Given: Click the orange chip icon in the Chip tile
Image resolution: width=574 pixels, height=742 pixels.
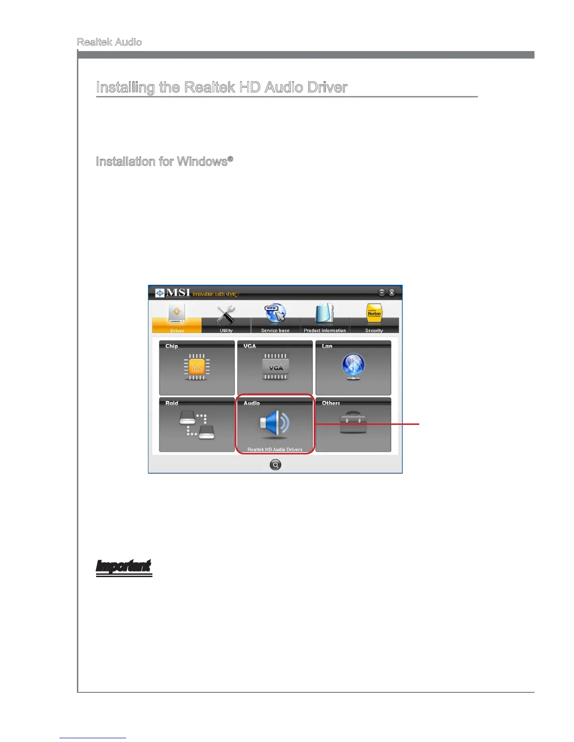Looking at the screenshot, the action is coord(196,367).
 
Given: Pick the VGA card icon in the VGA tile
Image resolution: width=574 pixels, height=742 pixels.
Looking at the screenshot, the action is coord(275,367).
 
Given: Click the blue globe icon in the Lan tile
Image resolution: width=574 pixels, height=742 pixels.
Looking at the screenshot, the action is coord(353,366).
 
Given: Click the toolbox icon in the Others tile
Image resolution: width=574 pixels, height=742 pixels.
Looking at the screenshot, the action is coord(353,423).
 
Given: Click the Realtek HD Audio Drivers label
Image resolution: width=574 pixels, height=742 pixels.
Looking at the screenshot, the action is coord(275,450).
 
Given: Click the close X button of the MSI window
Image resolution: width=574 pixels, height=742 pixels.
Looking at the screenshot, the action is coord(392,293).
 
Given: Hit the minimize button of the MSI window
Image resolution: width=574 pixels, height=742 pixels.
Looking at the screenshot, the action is coord(382,293).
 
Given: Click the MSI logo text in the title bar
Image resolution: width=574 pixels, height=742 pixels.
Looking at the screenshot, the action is coord(178,293).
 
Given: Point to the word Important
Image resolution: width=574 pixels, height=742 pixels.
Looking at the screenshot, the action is coord(124,567).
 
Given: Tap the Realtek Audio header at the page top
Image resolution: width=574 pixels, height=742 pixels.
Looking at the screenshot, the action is coord(109,42).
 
